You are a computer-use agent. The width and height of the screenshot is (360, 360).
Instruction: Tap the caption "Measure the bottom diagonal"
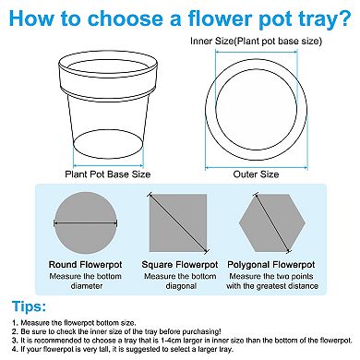pyautogui.click(x=180, y=280)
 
